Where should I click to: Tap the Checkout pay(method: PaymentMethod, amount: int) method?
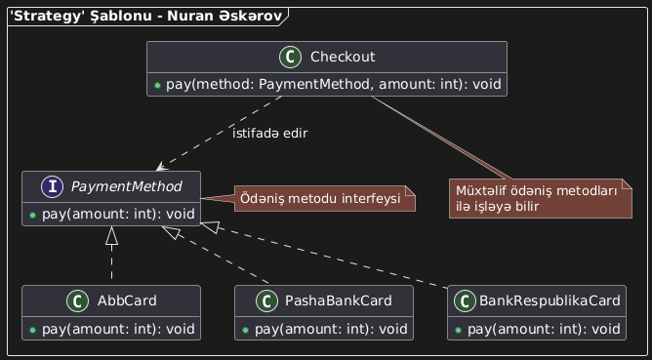click(327, 84)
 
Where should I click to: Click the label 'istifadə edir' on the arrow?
click(269, 133)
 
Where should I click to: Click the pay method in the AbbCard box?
click(109, 327)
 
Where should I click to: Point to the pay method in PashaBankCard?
click(324, 327)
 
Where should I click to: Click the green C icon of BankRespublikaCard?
click(467, 300)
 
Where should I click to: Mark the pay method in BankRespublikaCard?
click(537, 327)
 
